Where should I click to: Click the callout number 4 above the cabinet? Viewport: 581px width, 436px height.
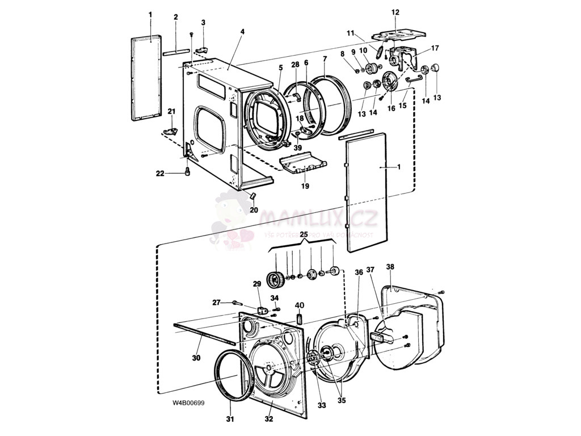pos(242,32)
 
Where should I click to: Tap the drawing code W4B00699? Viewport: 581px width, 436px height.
pos(188,403)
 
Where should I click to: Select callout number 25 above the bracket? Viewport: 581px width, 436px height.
pos(304,234)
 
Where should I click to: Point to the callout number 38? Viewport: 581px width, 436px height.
pos(390,266)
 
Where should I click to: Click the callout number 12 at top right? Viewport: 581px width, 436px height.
pos(395,12)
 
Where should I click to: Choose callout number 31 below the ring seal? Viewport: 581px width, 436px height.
pos(230,420)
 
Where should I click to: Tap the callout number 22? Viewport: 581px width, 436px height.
pos(160,173)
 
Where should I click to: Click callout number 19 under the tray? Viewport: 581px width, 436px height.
pos(305,186)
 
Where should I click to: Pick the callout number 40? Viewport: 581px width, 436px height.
pos(299,305)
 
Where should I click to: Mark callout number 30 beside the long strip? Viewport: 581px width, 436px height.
pos(196,358)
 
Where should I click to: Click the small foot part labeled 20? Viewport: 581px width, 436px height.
pos(251,195)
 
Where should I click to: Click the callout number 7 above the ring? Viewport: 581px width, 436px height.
pos(325,58)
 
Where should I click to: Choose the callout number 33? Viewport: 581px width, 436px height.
pos(322,405)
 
